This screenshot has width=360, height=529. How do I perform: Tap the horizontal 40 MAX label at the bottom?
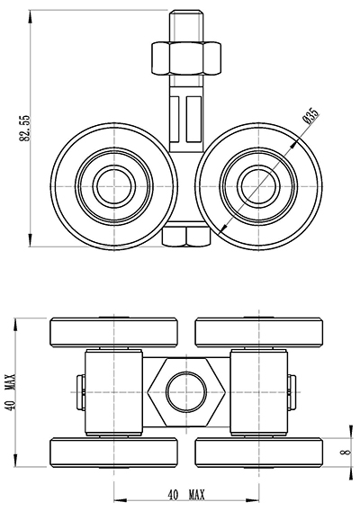pos(186,495)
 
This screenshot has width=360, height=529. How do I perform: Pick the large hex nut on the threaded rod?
pos(187,59)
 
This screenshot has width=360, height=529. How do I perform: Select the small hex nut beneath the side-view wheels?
pos(187,236)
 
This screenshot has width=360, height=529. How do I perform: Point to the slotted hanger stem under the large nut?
pos(187,117)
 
